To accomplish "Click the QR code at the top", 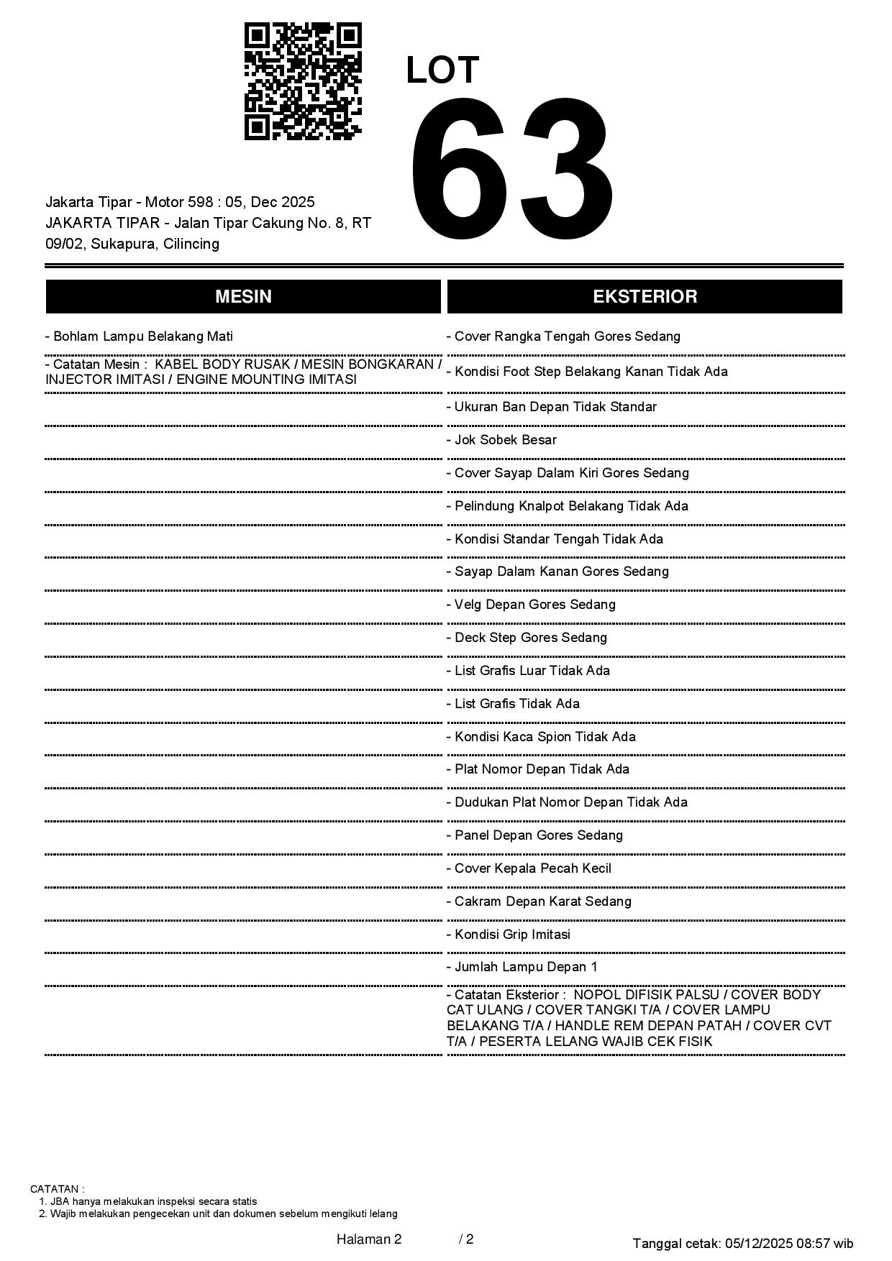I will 303,81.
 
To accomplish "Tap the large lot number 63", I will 511,171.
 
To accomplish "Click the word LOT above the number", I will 442,70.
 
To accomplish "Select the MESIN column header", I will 243,296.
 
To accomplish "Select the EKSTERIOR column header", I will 645,296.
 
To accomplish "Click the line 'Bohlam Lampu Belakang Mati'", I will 139,336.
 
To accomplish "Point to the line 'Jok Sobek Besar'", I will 501,440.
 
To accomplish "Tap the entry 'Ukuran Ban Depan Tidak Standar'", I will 551,407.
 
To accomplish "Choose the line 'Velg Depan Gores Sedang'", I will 531,605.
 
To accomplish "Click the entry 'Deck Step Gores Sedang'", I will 527,638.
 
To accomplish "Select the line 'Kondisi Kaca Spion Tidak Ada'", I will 541,737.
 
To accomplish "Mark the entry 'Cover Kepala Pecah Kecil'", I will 529,868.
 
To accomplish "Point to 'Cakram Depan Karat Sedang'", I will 539,902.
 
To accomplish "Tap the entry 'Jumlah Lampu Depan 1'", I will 522,967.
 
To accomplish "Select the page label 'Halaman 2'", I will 369,1239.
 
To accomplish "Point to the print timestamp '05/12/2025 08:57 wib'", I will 789,1243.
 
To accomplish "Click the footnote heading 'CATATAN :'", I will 58,1189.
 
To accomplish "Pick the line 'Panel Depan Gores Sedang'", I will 534,835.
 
